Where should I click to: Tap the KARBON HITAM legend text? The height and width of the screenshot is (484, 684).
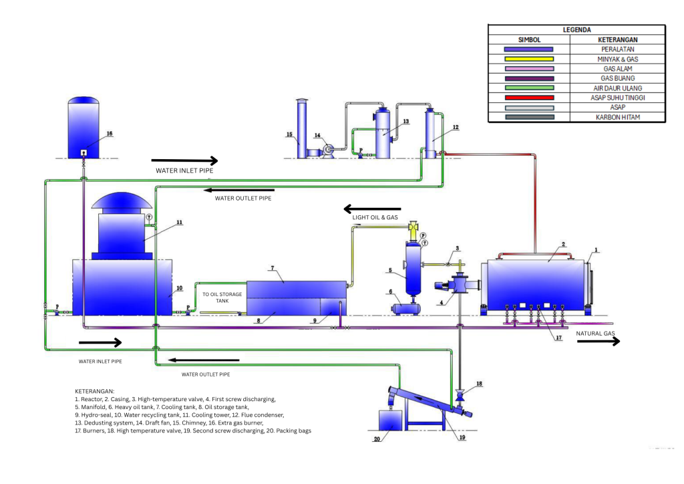pyautogui.click(x=617, y=117)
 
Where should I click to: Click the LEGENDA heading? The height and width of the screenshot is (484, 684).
pyautogui.click(x=576, y=30)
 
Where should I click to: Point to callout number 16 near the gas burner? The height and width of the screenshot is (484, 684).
pyautogui.click(x=110, y=134)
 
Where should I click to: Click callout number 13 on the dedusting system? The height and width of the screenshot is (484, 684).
pyautogui.click(x=405, y=121)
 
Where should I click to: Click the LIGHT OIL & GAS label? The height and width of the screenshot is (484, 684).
pyautogui.click(x=375, y=218)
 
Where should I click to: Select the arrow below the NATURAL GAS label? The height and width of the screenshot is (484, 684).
pyautogui.click(x=598, y=342)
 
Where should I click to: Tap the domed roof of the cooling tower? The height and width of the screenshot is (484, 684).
pyautogui.click(x=121, y=201)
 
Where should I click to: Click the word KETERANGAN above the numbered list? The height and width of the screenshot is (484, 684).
pyautogui.click(x=95, y=390)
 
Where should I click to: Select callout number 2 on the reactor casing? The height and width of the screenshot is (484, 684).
pyautogui.click(x=563, y=245)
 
